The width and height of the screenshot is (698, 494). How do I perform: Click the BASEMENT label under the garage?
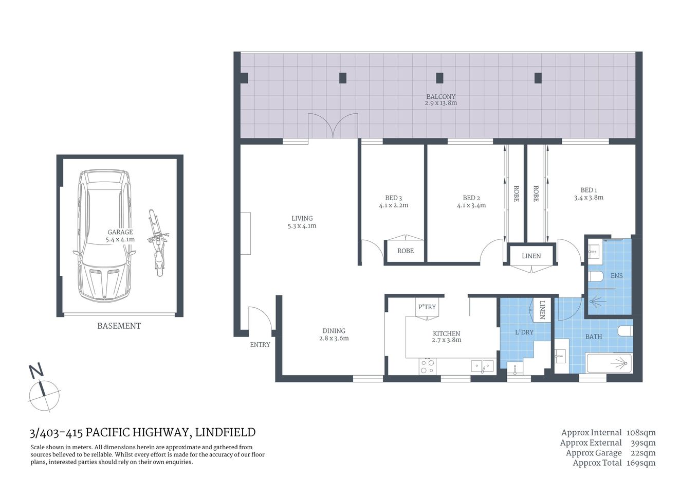(119, 326)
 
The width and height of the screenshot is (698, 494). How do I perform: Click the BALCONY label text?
(440, 96)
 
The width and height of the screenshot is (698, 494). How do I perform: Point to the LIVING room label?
(302, 218)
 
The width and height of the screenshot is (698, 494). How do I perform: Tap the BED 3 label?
(393, 198)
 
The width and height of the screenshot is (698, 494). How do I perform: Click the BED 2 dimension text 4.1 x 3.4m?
(471, 205)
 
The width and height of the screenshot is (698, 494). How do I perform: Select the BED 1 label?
(589, 190)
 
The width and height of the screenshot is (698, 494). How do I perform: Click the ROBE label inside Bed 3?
(405, 251)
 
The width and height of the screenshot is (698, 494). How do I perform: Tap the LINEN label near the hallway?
(531, 256)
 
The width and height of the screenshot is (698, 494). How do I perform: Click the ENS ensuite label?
(616, 276)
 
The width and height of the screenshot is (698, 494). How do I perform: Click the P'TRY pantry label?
(427, 307)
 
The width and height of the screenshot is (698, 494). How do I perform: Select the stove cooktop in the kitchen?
(427, 366)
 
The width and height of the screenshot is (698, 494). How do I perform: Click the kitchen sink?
(482, 366)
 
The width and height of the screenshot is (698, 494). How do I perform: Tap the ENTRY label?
(260, 345)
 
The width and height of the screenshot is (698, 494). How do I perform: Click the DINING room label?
(334, 331)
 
